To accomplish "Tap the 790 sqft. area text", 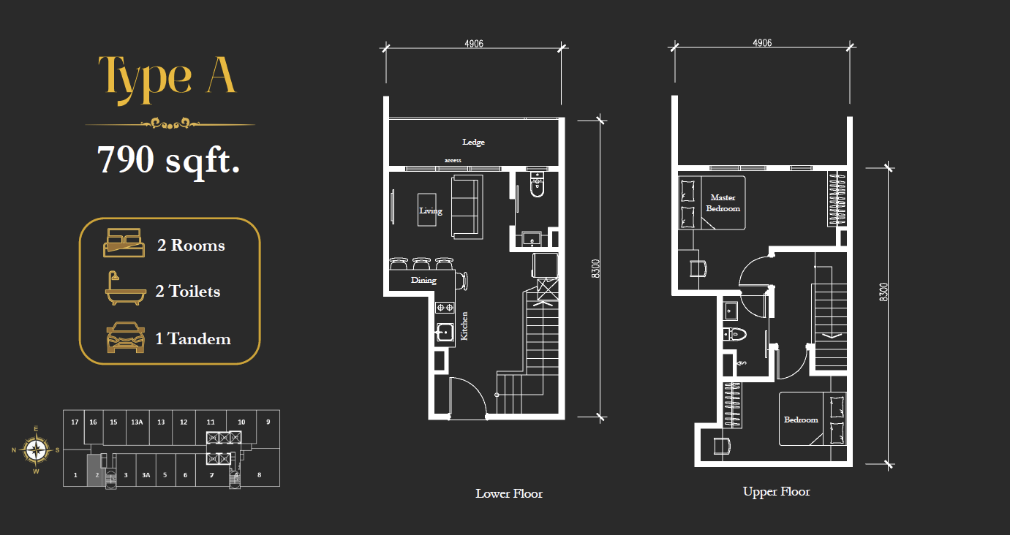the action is tap(169, 160).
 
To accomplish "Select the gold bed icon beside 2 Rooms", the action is tap(124, 243).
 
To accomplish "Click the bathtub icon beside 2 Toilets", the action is tap(126, 289).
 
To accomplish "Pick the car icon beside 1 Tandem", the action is tap(126, 338).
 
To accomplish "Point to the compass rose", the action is tap(36, 449).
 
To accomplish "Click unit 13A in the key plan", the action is tap(137, 422).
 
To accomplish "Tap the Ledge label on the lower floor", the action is tap(473, 142).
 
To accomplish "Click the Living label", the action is tap(431, 210).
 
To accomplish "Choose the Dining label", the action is tap(423, 280).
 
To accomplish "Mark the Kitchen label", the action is tap(464, 326).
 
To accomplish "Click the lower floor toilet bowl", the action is tap(537, 185).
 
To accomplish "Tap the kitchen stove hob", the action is tap(445, 308).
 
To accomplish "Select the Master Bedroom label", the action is tap(723, 203).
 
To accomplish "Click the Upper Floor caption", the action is tap(777, 492).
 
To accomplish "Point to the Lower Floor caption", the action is tap(509, 493).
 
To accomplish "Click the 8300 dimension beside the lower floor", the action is tap(595, 269).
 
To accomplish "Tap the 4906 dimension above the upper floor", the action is tap(762, 43).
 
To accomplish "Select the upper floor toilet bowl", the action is tap(735, 335).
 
